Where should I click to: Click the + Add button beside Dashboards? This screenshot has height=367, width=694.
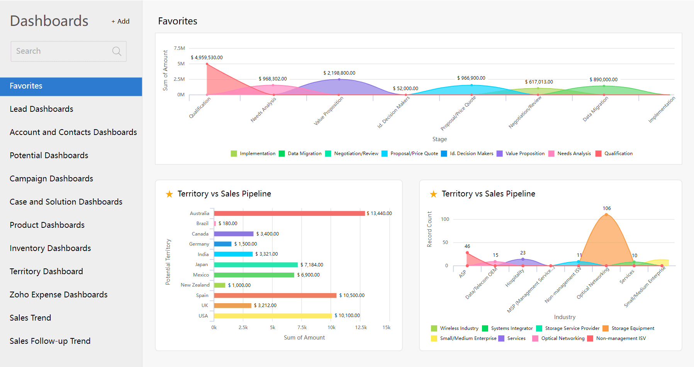coord(120,21)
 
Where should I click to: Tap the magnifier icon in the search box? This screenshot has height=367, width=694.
coord(117,51)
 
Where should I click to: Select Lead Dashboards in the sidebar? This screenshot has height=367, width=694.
coord(41,109)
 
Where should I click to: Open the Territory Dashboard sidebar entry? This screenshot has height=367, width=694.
coord(46,271)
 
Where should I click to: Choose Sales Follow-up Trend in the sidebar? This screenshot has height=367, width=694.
coord(50,341)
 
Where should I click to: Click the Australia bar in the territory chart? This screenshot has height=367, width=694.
coord(289,213)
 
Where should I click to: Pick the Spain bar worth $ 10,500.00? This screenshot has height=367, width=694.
coord(275,295)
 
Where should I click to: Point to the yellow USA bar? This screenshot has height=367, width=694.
coord(273,316)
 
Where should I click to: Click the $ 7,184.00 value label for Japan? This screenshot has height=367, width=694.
coord(312,265)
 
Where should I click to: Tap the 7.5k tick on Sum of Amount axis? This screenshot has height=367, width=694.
coord(302,328)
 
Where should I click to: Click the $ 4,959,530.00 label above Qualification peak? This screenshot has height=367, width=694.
coord(207,58)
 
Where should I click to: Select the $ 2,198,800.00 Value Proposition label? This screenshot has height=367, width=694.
coord(339,73)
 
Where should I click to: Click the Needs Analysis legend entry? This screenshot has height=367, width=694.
coord(570,154)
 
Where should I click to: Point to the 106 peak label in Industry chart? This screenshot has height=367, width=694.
coord(607,208)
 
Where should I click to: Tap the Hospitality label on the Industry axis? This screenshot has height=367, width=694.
coord(515,278)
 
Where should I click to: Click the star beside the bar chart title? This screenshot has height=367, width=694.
coord(169,194)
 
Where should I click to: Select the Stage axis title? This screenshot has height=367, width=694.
coord(439,139)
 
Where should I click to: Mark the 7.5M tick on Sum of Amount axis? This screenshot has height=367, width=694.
coord(179,48)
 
